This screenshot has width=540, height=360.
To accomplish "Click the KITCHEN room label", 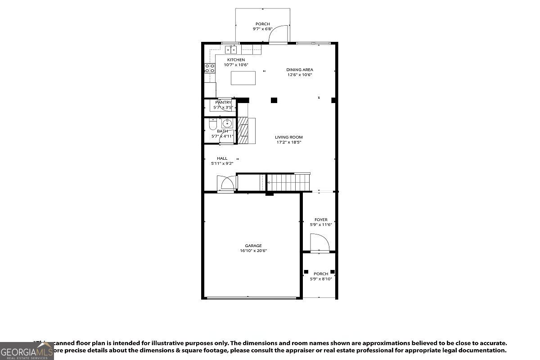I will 236,60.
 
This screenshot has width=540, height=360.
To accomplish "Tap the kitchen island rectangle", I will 243,78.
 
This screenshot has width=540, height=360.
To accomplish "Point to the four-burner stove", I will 210,68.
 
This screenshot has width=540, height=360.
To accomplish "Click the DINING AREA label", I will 299,70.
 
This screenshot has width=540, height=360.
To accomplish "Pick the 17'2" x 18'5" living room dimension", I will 289,142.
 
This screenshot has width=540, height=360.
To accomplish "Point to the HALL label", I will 222,158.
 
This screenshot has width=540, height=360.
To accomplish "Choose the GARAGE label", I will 253,246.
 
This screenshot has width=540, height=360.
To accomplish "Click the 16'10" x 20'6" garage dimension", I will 253,251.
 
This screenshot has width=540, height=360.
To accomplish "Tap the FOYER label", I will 321,220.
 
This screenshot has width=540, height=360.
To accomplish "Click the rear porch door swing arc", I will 279,34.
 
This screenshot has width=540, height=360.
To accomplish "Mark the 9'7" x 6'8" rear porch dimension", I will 263,29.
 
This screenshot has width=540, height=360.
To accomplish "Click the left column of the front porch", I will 306,271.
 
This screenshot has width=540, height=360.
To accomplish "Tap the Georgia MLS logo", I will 27,351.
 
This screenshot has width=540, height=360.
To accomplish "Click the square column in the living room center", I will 274,100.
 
